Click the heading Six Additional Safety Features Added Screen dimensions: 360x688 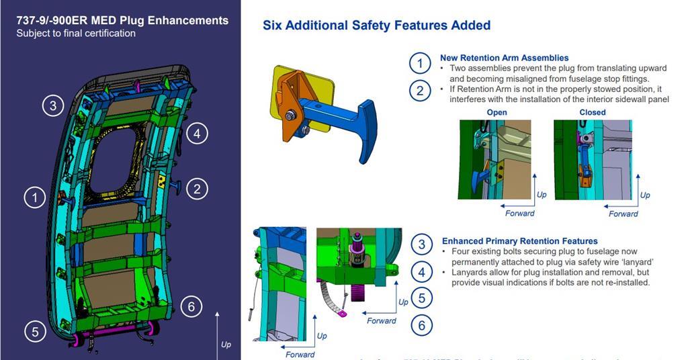[x=376, y=26]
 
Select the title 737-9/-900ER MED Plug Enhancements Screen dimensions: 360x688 [x=122, y=20]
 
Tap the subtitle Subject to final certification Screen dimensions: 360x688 [x=76, y=33]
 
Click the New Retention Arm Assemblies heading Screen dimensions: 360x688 [x=504, y=58]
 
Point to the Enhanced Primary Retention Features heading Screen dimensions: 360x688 [x=519, y=241]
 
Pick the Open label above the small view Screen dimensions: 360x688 [x=497, y=112]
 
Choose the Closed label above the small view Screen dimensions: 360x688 [x=592, y=112]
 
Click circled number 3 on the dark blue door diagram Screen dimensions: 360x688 [x=53, y=105]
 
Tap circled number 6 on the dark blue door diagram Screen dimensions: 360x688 [x=191, y=307]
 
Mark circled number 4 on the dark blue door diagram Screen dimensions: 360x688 [x=196, y=134]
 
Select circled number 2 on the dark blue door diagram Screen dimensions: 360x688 [x=196, y=189]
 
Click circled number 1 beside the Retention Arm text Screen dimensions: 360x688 [x=420, y=64]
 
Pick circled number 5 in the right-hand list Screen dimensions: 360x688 [x=421, y=298]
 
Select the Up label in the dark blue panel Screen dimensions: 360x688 [x=226, y=345]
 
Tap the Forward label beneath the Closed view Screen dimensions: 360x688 [x=623, y=214]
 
